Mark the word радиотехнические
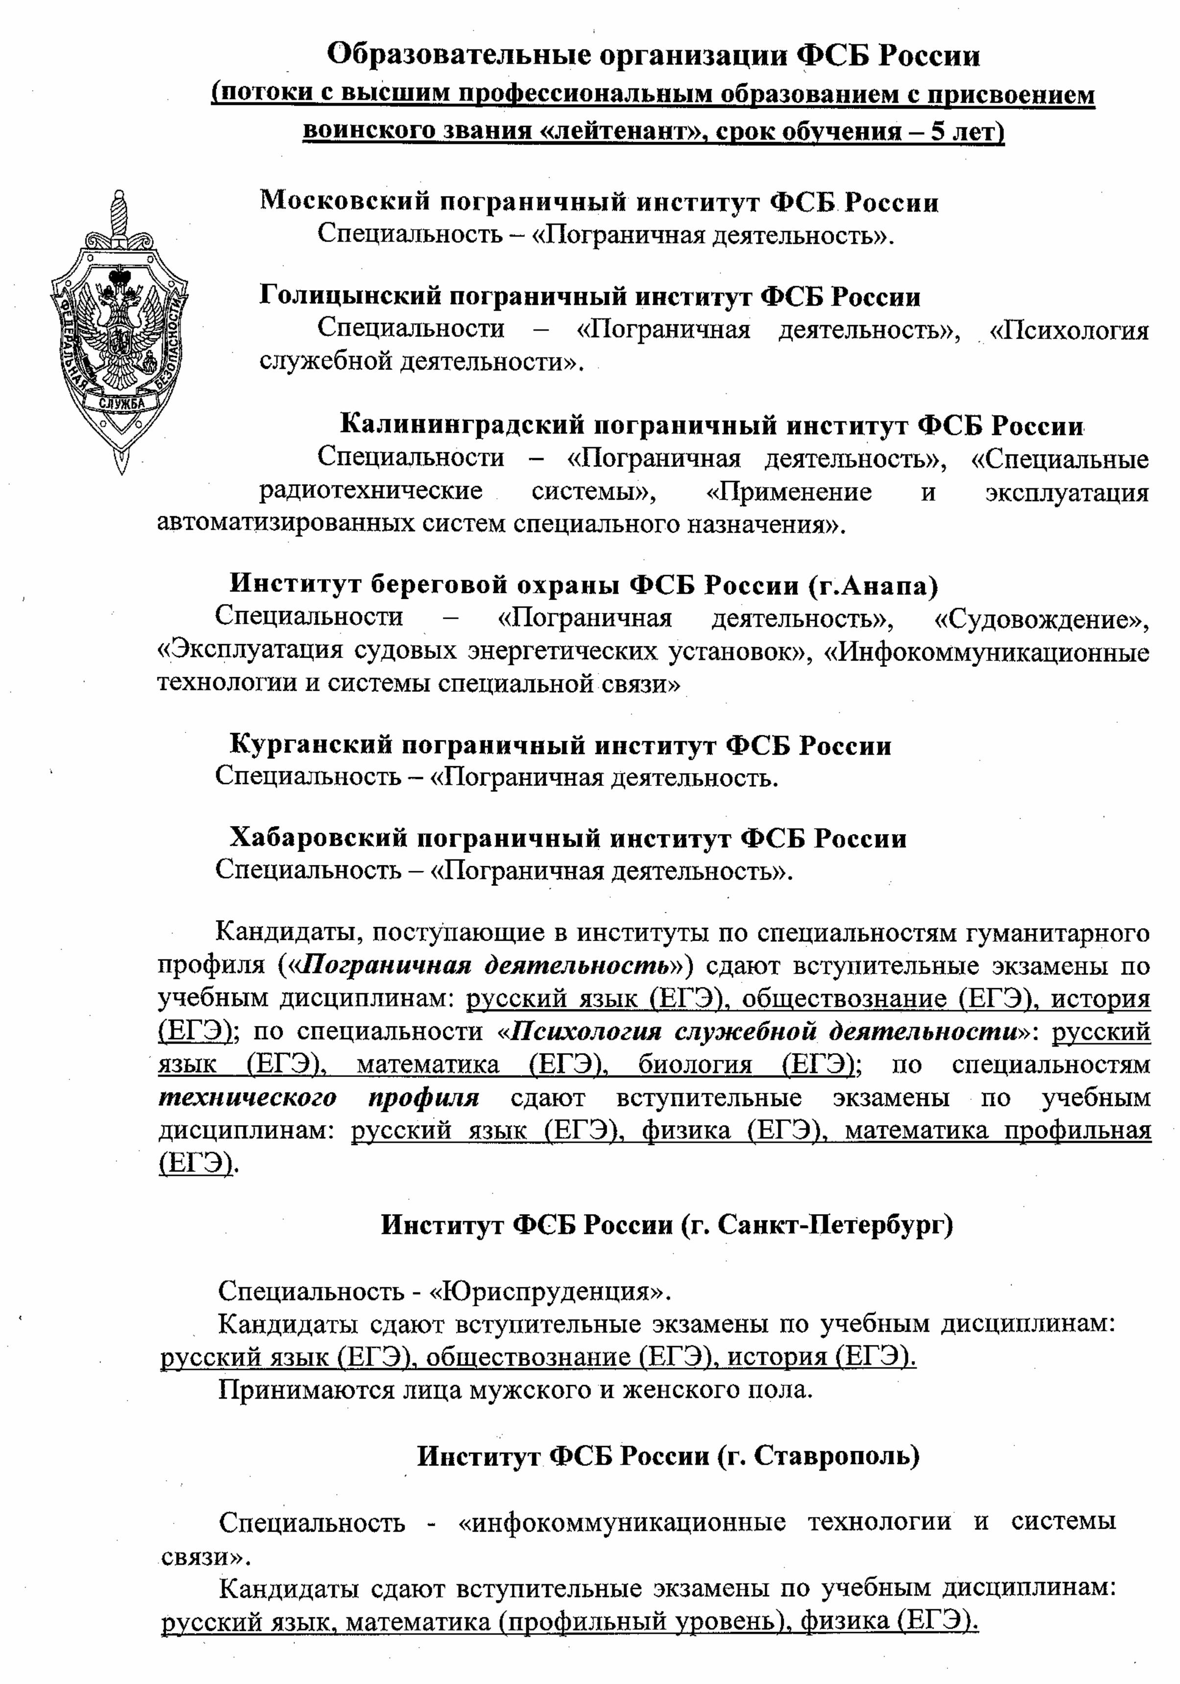(x=371, y=491)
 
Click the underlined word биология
(x=695, y=1065)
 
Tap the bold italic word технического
(x=247, y=1098)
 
